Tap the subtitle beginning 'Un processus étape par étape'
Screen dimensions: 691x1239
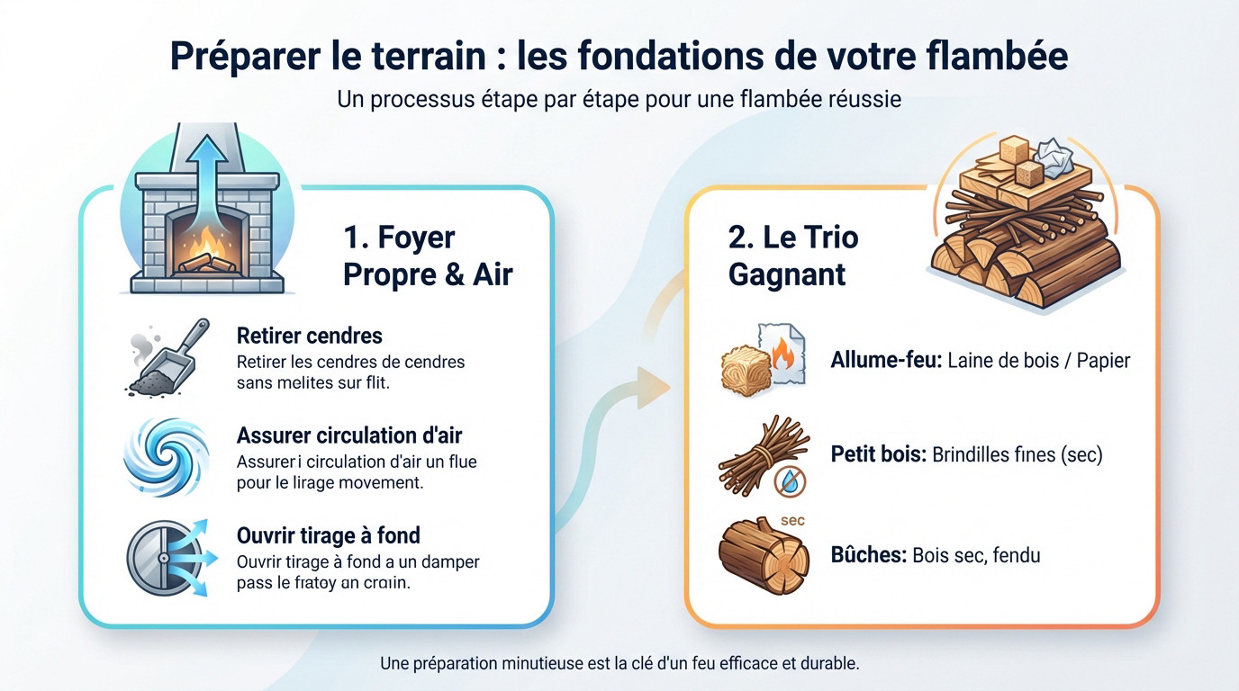click(619, 98)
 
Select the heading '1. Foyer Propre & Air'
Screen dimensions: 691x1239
click(427, 256)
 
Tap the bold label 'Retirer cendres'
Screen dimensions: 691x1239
click(309, 336)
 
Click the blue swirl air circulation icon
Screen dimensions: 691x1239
click(166, 456)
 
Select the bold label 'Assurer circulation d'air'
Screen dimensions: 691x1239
click(349, 435)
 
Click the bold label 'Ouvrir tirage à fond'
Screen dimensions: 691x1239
click(328, 535)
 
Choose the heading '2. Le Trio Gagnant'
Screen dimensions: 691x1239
click(792, 256)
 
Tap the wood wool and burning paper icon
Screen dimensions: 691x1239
click(762, 361)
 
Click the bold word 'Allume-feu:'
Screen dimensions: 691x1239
click(885, 361)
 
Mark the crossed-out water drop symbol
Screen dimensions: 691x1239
click(791, 482)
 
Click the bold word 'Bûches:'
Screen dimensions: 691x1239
click(867, 555)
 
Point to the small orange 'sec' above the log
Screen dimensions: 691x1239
click(792, 521)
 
